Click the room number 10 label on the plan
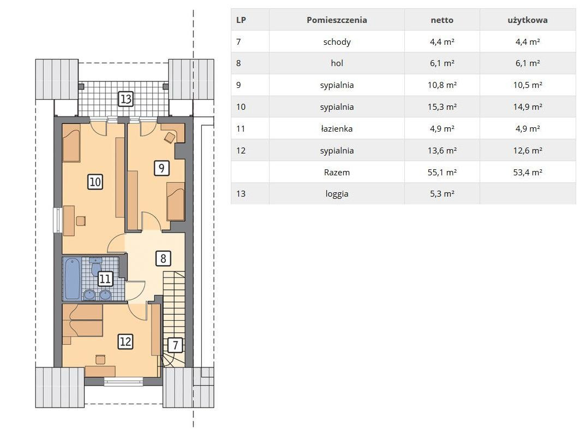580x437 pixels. click(x=95, y=181)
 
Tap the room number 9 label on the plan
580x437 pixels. click(x=161, y=168)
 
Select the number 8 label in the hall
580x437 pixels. click(x=163, y=257)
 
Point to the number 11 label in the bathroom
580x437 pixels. click(x=105, y=279)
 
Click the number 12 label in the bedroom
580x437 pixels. click(x=125, y=341)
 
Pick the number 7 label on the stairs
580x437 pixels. click(x=175, y=345)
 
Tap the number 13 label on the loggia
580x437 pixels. click(x=126, y=99)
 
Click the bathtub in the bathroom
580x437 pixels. click(x=72, y=279)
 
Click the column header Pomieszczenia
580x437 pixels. click(x=337, y=20)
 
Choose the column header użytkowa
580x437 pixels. click(x=527, y=20)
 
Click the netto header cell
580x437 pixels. click(x=442, y=20)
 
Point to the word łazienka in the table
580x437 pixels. click(x=337, y=129)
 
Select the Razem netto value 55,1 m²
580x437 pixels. click(x=442, y=172)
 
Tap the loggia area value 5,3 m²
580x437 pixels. click(x=442, y=193)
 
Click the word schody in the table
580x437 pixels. click(x=337, y=42)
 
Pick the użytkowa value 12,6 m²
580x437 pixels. click(x=527, y=150)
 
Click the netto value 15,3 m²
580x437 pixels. click(x=442, y=107)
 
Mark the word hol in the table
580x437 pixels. click(x=337, y=63)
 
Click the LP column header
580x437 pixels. click(x=241, y=20)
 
